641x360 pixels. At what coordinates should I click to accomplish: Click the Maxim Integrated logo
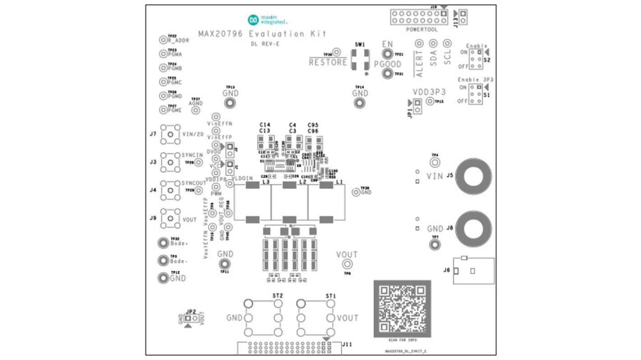click(x=268, y=20)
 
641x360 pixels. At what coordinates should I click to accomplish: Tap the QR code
click(x=402, y=309)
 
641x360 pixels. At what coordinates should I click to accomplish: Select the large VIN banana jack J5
click(x=473, y=176)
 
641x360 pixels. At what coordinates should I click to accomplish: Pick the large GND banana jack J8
click(x=473, y=228)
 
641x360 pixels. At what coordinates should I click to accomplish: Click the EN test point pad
click(x=387, y=54)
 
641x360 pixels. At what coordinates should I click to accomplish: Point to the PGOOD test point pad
click(x=387, y=74)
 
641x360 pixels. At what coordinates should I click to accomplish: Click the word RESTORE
click(x=328, y=62)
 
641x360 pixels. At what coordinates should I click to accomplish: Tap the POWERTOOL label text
click(x=421, y=30)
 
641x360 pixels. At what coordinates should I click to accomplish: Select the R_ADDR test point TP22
click(x=163, y=40)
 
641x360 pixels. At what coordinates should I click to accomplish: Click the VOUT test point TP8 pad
click(x=347, y=264)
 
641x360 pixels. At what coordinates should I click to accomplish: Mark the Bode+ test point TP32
click(x=163, y=244)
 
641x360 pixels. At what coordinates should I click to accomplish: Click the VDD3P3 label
click(x=429, y=92)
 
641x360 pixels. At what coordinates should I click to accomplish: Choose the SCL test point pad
click(x=447, y=43)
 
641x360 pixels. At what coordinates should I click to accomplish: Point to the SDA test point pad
click(x=433, y=43)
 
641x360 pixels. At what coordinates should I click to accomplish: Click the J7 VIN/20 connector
click(x=170, y=134)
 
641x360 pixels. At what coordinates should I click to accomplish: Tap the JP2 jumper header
click(x=191, y=318)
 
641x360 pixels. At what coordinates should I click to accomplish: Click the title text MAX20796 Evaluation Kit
click(x=262, y=34)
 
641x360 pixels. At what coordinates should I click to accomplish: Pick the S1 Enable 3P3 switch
click(x=475, y=94)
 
